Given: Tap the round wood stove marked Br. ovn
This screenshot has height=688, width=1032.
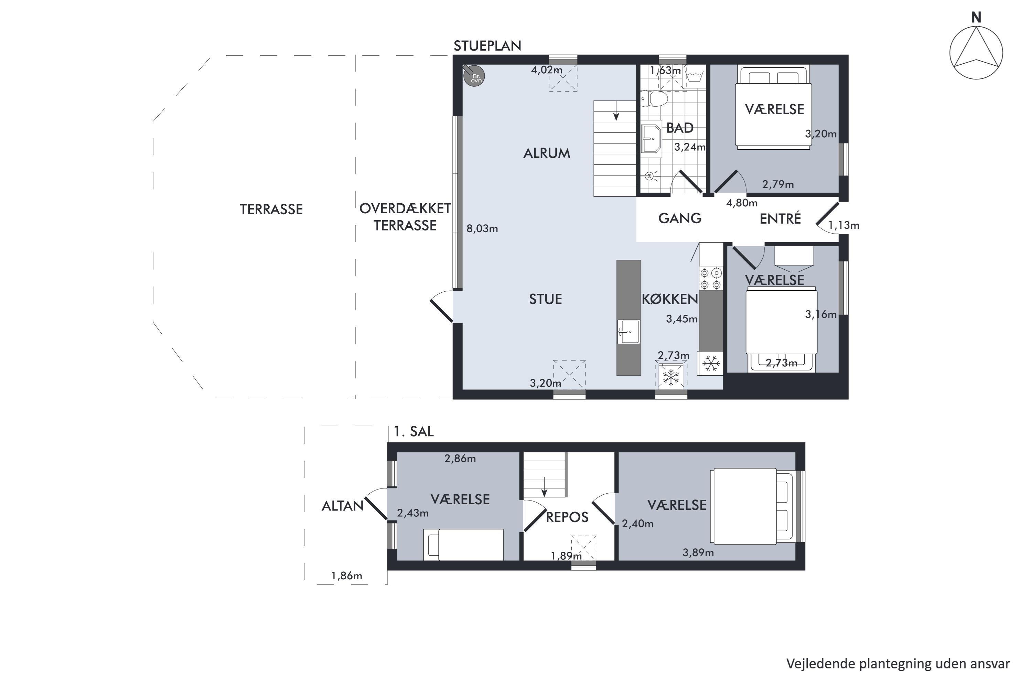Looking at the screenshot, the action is coord(474,75).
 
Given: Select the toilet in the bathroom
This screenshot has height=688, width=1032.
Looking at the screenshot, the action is coord(654,99).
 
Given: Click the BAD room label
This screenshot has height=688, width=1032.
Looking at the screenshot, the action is coord(680,128).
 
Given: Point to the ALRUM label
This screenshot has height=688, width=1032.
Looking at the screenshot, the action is coord(547,153).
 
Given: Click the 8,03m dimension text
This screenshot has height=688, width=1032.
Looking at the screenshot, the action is coord(482,229).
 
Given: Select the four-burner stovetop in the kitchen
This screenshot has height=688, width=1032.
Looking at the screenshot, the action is coord(711,279).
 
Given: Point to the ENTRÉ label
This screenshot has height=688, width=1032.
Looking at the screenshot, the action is coord(780,218).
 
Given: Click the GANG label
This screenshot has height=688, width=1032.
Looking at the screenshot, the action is coord(680,218).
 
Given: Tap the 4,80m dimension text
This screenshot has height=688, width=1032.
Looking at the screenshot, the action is coord(742,203).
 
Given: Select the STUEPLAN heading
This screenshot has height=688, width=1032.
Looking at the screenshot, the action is coord(487,46).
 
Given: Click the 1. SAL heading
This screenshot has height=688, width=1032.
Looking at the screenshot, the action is coord(414,432).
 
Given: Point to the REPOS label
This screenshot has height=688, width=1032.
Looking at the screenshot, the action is coord(567,517).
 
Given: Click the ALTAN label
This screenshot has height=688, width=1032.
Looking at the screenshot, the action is coord(343,506).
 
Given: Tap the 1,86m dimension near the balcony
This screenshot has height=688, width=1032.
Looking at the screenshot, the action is coord(347,576).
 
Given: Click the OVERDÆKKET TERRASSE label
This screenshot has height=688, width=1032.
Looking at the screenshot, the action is coord(405,217).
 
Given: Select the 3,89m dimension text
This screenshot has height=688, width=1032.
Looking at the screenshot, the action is coord(698,552).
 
